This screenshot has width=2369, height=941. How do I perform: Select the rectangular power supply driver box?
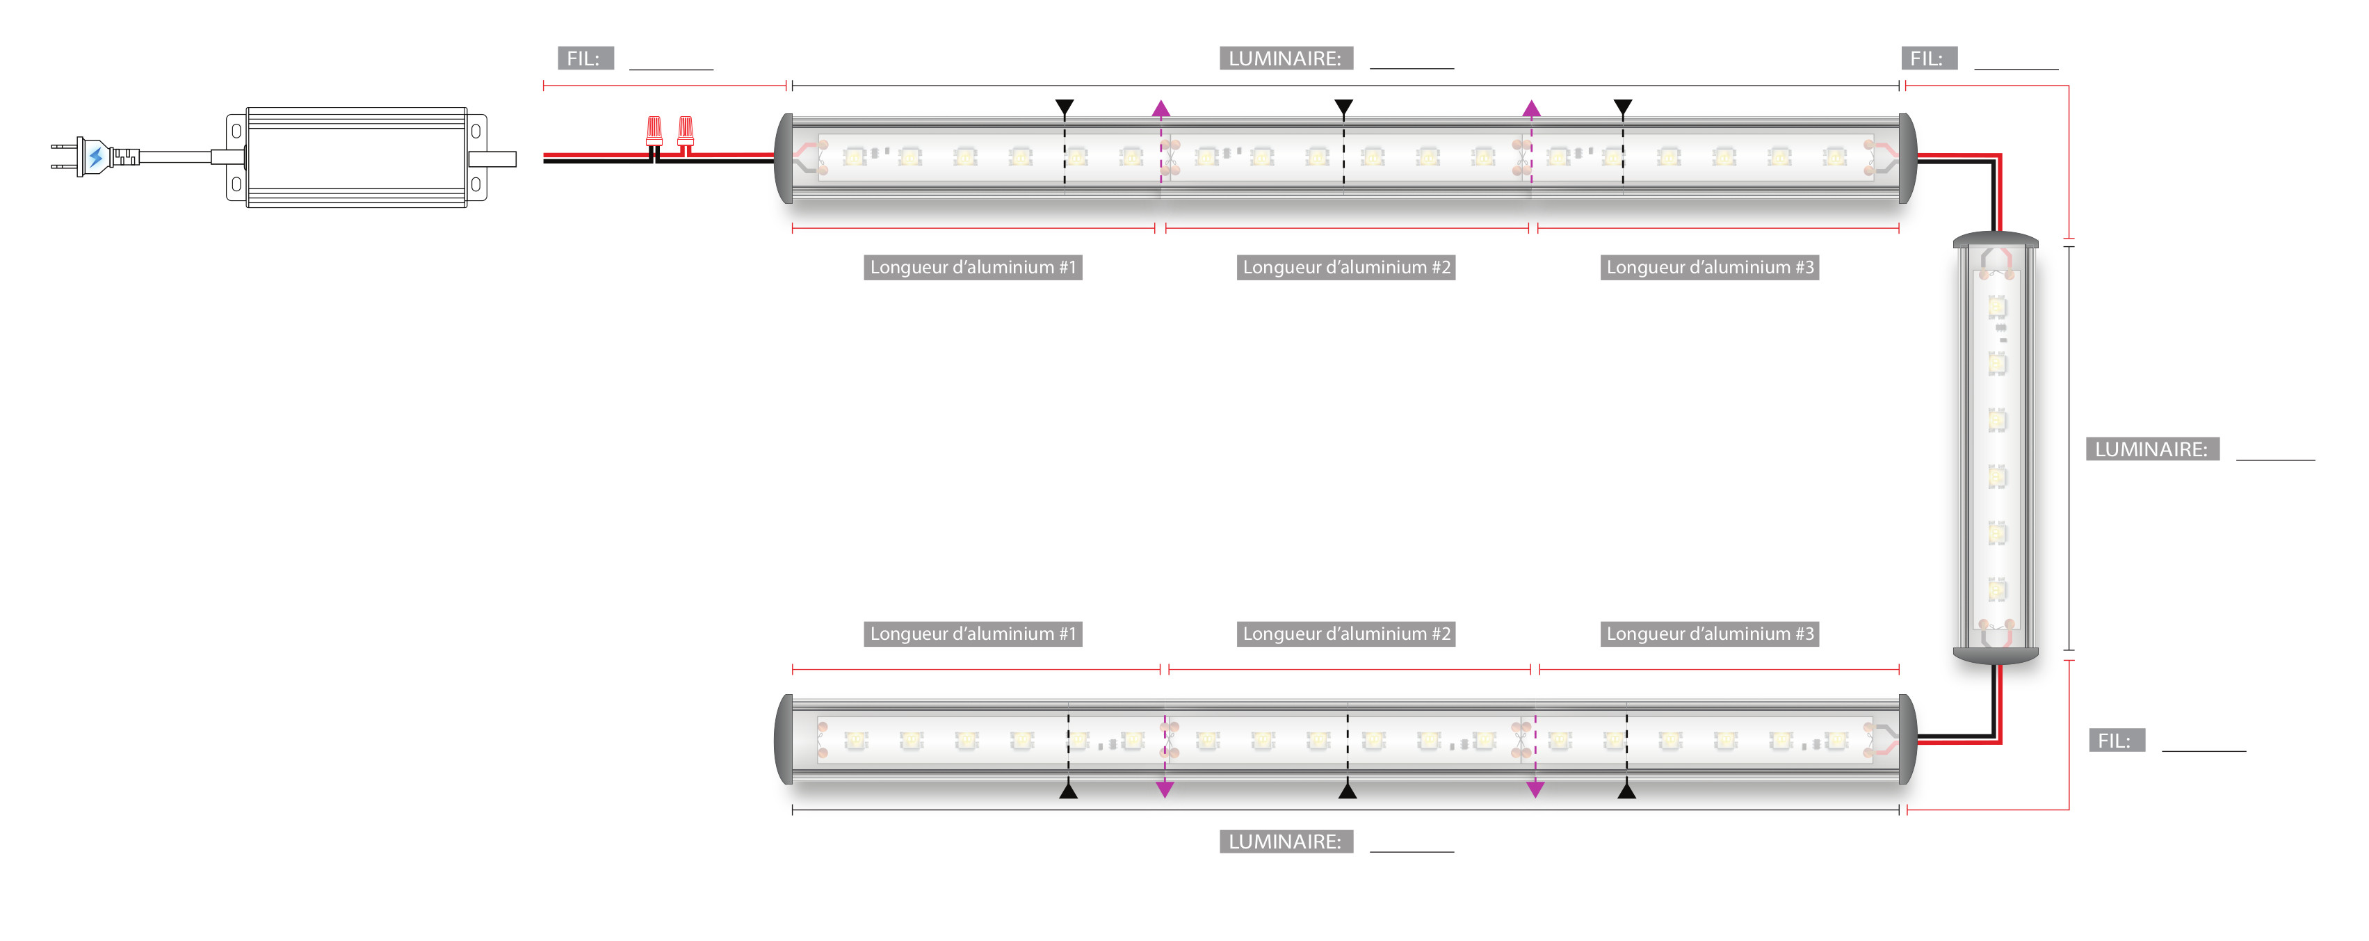pyautogui.click(x=356, y=157)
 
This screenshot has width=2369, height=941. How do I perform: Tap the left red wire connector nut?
pyautogui.click(x=654, y=131)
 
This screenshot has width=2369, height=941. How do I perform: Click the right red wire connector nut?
pyautogui.click(x=685, y=131)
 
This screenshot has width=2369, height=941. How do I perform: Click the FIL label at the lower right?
pyautogui.click(x=2116, y=741)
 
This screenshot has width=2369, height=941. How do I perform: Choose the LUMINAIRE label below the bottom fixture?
pyautogui.click(x=1285, y=842)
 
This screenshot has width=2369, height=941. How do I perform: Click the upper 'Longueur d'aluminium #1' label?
pyautogui.click(x=972, y=268)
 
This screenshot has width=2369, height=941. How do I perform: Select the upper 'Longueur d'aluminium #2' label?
pyautogui.click(x=1345, y=268)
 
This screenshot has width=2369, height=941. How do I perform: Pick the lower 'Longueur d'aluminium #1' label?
pyautogui.click(x=972, y=634)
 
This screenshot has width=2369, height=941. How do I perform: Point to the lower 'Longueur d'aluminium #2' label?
pyautogui.click(x=1345, y=634)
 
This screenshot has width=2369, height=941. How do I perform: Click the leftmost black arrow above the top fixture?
pyautogui.click(x=1064, y=108)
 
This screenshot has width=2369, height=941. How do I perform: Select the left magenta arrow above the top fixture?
pyautogui.click(x=1161, y=109)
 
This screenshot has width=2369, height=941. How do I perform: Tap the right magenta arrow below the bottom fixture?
pyautogui.click(x=1535, y=788)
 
